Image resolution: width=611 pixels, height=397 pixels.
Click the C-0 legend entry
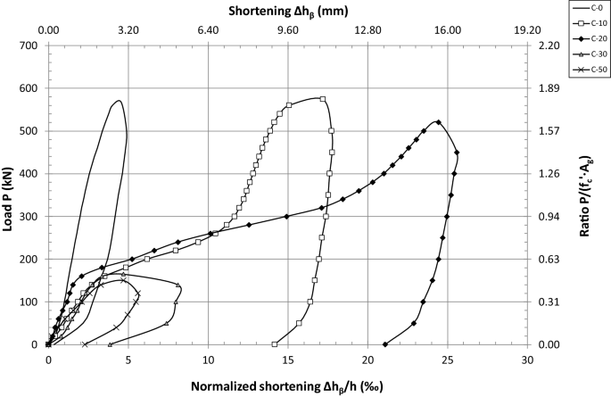click(588, 8)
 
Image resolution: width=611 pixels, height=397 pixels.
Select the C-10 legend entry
click(588, 24)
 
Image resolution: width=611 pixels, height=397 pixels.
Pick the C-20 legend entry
click(588, 40)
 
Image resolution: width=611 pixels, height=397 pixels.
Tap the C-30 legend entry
click(588, 56)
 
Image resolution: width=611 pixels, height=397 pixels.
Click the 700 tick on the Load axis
click(29, 45)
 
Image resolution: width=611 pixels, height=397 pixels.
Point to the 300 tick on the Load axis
click(29, 217)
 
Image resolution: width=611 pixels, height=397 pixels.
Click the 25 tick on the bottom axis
click(448, 360)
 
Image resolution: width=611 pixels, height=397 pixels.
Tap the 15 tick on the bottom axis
click(288, 360)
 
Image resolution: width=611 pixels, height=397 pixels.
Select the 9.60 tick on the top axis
click(288, 29)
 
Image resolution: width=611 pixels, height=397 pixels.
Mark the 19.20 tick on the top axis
click(527, 29)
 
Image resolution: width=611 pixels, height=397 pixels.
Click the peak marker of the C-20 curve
click(438, 122)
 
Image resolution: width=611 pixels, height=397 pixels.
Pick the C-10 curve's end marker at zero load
click(274, 344)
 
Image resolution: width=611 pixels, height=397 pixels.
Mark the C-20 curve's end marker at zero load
click(384, 344)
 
